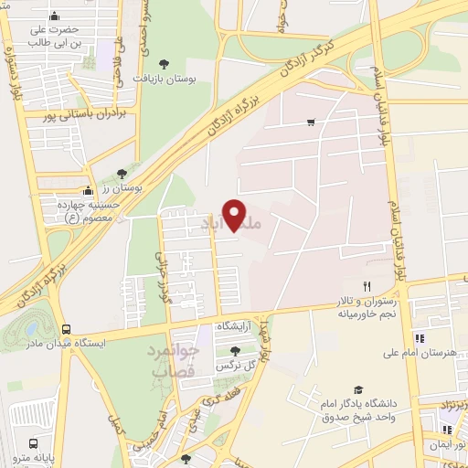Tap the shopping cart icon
(x=312, y=122)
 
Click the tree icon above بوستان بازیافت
(x=164, y=63)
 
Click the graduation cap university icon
(x=357, y=389)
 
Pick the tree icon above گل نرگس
(x=235, y=351)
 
